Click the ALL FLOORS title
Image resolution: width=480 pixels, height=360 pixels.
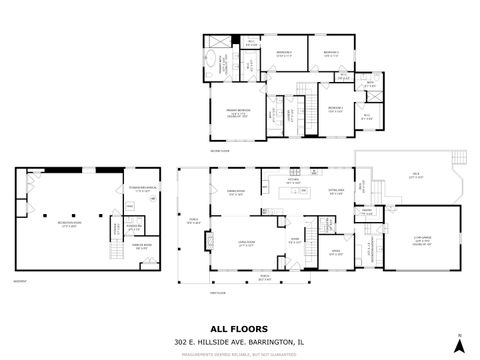click(239, 327)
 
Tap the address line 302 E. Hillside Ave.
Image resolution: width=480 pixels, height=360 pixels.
click(239, 340)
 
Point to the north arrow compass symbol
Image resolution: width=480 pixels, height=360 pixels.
click(460, 344)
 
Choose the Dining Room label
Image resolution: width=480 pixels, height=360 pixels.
click(236, 193)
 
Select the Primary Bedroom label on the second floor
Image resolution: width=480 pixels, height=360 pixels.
click(238, 114)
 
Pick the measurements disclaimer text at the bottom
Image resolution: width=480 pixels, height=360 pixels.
click(239, 351)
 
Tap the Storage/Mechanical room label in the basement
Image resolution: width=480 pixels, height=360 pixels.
click(139, 189)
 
